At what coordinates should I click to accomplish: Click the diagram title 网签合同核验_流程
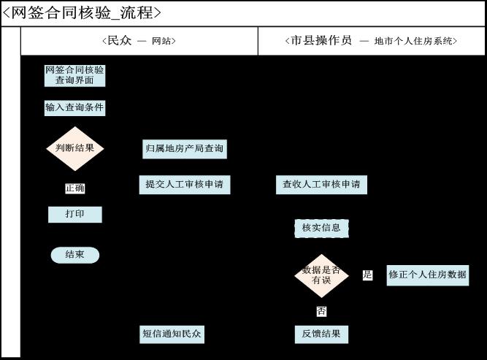pyautogui.click(x=82, y=13)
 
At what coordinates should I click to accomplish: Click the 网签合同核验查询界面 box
pyautogui.click(x=74, y=75)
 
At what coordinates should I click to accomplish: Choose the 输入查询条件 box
pyautogui.click(x=74, y=108)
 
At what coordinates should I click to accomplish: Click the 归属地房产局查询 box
pyautogui.click(x=185, y=149)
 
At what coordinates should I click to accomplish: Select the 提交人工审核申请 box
pyautogui.click(x=185, y=185)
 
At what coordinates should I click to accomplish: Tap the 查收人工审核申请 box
pyautogui.click(x=321, y=185)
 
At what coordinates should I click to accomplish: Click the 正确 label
pyautogui.click(x=74, y=188)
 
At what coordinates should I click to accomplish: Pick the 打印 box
pyautogui.click(x=74, y=215)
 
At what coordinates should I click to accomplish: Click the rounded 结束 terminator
pyautogui.click(x=74, y=255)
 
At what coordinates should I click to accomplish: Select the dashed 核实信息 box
pyautogui.click(x=321, y=228)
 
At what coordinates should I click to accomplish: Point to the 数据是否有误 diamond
pyautogui.click(x=321, y=275)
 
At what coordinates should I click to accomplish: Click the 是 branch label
pyautogui.click(x=367, y=275)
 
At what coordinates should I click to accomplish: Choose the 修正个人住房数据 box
pyautogui.click(x=427, y=275)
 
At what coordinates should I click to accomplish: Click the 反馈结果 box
pyautogui.click(x=321, y=334)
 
